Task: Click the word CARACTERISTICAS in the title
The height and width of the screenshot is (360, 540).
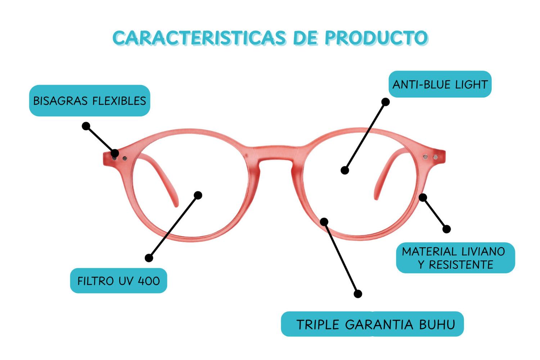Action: click(199, 38)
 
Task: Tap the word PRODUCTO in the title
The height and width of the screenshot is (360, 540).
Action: click(376, 38)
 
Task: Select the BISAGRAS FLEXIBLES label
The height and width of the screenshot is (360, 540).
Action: click(90, 100)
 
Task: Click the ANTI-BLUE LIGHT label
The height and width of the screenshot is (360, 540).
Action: click(440, 84)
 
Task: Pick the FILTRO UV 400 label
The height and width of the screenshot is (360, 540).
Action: click(118, 281)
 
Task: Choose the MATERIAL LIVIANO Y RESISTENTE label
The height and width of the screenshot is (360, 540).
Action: click(456, 258)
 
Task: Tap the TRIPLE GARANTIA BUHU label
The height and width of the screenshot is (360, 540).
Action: click(373, 324)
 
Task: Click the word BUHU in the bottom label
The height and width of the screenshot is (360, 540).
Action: click(437, 324)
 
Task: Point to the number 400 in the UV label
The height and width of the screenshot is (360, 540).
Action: click(149, 281)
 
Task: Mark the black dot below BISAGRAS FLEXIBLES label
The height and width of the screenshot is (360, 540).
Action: click(86, 126)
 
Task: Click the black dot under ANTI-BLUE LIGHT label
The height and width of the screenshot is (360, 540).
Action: click(386, 102)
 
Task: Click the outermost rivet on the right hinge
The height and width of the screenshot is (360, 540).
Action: click(436, 157)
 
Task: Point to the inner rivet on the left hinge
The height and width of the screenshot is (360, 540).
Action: click(125, 158)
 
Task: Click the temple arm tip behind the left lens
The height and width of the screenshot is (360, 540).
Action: click(176, 205)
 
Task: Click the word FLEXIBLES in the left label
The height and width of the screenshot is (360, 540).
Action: click(119, 101)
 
